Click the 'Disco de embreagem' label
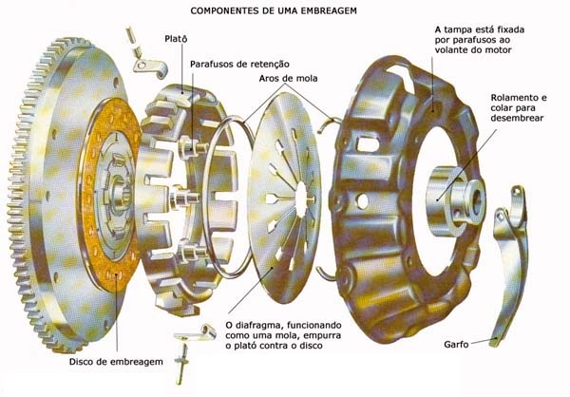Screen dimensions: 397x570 117,363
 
